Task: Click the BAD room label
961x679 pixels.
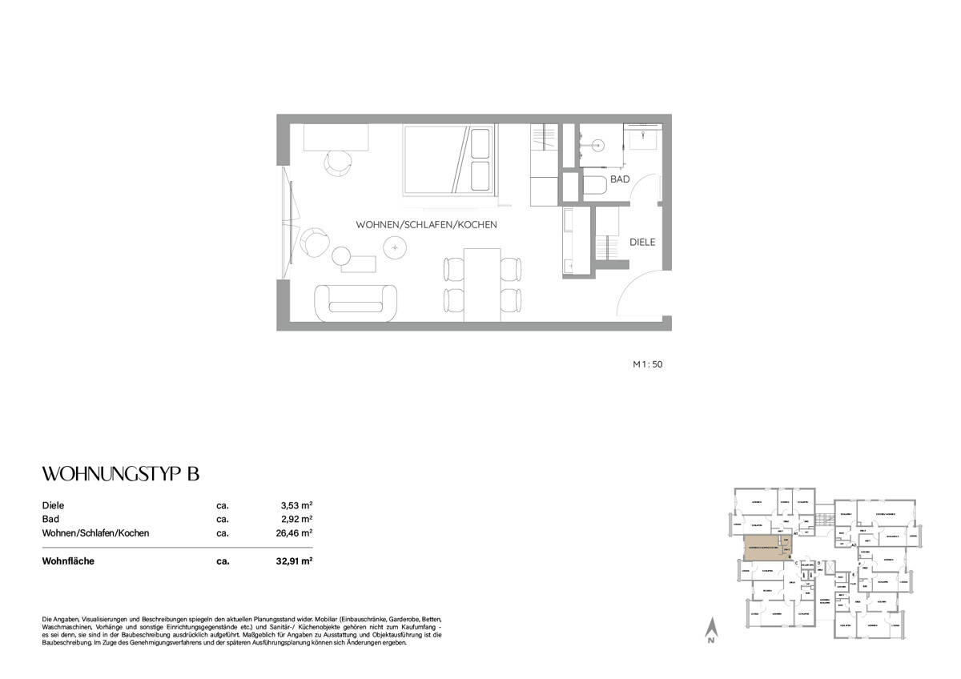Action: [x=620, y=180]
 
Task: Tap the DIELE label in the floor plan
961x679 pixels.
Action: [x=642, y=242]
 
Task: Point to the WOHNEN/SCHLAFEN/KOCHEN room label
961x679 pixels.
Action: [x=427, y=225]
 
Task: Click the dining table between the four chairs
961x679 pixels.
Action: [x=482, y=282]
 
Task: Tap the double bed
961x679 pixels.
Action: [x=448, y=160]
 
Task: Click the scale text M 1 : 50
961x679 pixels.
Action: [x=648, y=364]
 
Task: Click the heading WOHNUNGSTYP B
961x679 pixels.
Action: [x=120, y=474]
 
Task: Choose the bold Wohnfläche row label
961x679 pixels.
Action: [x=68, y=561]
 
